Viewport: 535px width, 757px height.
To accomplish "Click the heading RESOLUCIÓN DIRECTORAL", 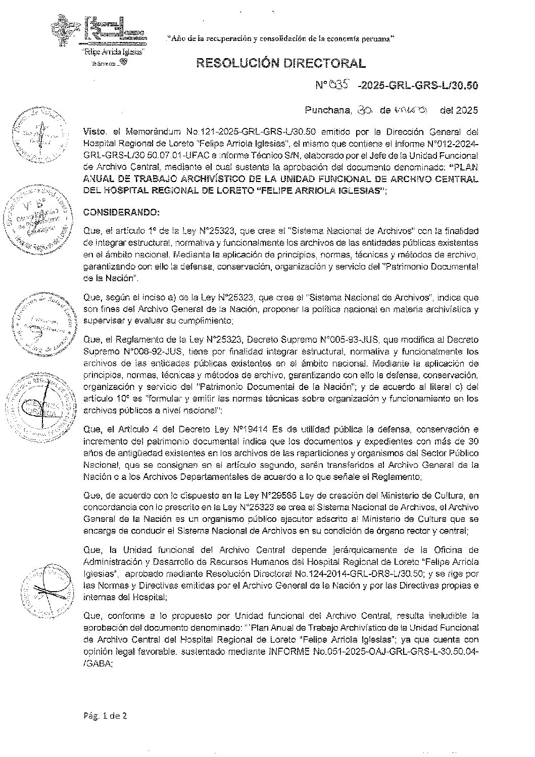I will [x=280, y=63].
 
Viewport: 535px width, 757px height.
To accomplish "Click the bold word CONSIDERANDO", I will [x=121, y=211].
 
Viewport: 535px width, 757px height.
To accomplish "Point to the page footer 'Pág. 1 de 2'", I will [x=105, y=716].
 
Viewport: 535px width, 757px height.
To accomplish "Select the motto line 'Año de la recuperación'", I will [x=281, y=38].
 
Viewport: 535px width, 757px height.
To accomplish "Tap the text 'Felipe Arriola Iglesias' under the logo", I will [x=114, y=52].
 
